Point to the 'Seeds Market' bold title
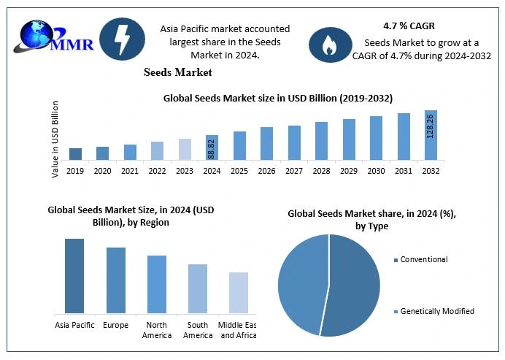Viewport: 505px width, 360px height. click(179, 72)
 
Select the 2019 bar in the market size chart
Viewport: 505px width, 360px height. click(75, 153)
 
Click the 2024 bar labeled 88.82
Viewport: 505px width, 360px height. click(212, 148)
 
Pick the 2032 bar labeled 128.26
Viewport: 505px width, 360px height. click(431, 135)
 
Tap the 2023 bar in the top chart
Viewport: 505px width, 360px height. click(185, 149)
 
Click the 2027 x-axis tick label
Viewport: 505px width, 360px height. click(294, 171)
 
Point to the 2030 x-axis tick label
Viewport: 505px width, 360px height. click(376, 171)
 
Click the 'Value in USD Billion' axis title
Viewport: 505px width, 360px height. click(55, 139)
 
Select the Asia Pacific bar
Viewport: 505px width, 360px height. click(74, 276)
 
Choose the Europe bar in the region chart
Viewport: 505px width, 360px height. click(115, 280)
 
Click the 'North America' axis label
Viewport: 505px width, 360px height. click(157, 330)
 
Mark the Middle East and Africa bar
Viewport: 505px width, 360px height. click(239, 293)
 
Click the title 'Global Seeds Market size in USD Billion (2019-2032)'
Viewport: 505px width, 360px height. click(277, 97)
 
